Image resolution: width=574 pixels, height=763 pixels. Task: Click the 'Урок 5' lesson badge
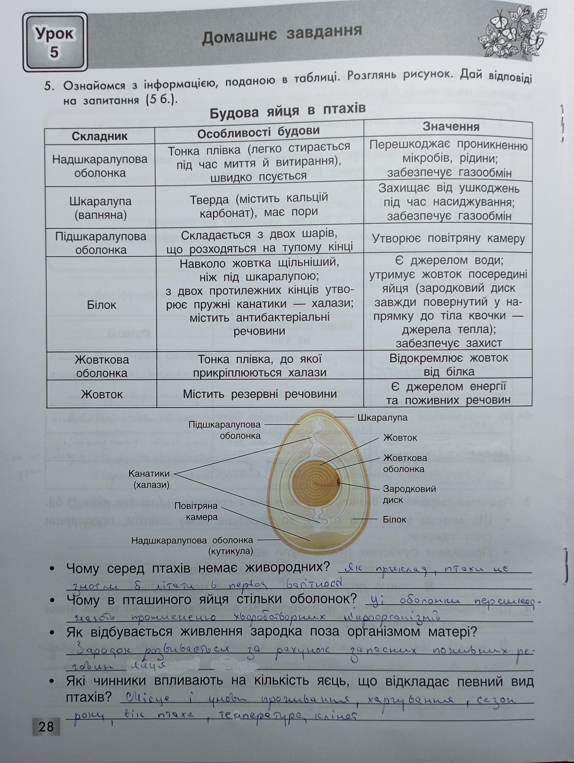point(55,42)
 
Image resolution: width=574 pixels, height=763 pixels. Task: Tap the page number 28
point(46,727)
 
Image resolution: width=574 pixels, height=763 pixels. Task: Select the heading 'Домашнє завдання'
point(282,35)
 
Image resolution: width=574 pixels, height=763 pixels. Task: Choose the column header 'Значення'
point(451,126)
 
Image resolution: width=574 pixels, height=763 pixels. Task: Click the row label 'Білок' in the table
point(101,305)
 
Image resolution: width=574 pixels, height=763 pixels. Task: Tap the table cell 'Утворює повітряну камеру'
point(448,239)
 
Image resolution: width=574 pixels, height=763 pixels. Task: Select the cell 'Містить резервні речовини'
point(260,394)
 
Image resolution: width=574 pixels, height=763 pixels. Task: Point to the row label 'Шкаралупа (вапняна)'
point(100,208)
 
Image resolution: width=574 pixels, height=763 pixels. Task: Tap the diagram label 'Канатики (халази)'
point(149,479)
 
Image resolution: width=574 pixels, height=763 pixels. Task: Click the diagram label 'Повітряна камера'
point(196,512)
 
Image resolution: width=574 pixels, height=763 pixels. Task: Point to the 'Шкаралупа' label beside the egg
point(382,418)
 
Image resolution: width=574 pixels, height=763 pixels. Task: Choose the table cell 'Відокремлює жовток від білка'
point(448,364)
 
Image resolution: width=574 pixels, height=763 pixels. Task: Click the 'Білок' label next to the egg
point(394,519)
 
